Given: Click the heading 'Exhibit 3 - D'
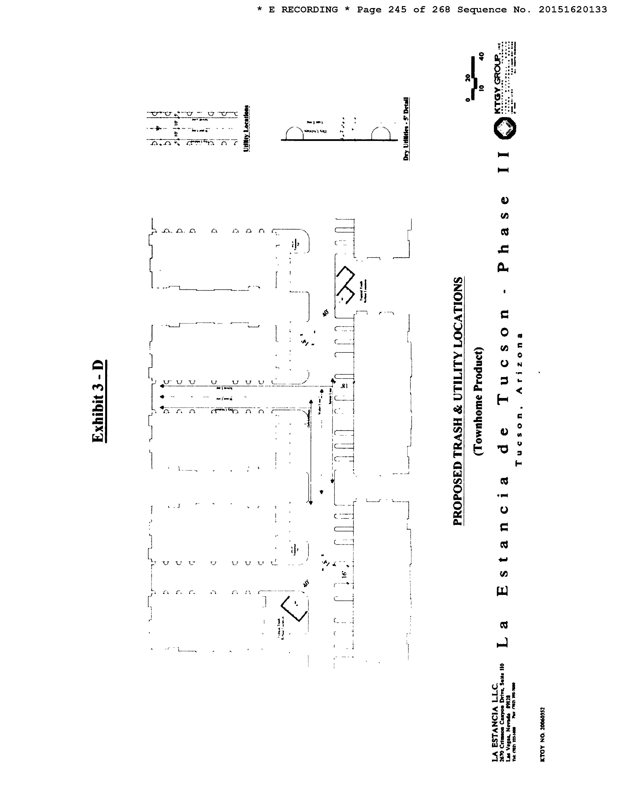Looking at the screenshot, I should pos(99,401).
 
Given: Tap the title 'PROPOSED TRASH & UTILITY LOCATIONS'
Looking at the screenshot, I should pos(458,401).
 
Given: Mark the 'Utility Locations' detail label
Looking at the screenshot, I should pos(246,129).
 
